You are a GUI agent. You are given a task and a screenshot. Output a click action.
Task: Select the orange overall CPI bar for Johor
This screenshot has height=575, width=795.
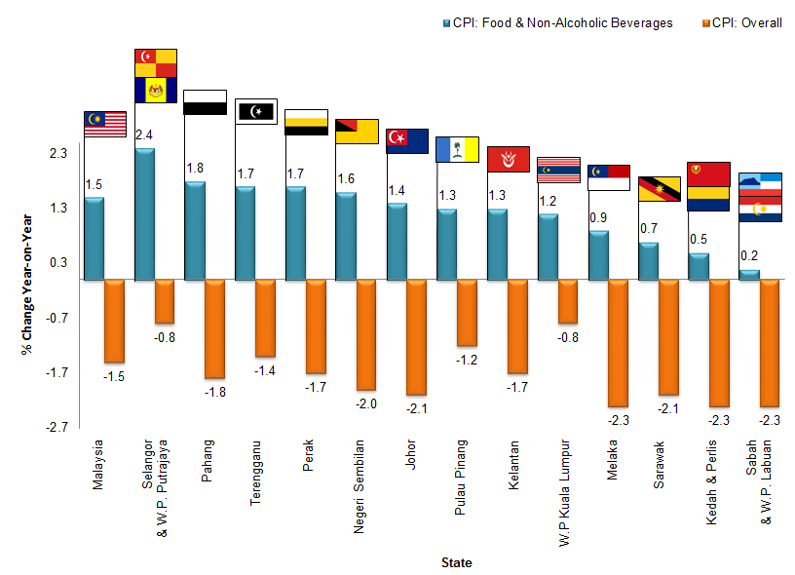tap(416, 336)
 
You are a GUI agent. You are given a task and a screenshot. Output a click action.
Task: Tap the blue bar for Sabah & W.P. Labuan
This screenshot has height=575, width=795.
tap(749, 274)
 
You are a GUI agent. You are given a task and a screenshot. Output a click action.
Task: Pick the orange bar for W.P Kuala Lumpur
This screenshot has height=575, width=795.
tap(568, 301)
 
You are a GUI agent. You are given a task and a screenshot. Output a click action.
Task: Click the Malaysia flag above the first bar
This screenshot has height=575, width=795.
tap(106, 123)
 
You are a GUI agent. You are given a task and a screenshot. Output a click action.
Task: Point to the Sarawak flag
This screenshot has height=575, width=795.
tap(659, 189)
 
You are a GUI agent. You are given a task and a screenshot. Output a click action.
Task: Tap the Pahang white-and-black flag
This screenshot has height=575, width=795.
tap(205, 102)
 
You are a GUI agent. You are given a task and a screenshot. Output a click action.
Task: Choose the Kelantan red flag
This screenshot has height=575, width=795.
tap(508, 159)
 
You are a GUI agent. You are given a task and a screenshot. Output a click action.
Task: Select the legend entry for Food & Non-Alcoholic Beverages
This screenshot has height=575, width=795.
tap(562, 23)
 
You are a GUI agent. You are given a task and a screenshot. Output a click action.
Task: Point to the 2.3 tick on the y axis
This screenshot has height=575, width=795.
tap(57, 154)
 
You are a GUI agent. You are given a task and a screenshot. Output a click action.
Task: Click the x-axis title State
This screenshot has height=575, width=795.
tap(457, 562)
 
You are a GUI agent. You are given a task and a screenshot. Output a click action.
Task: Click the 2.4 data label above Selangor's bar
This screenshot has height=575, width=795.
tap(143, 135)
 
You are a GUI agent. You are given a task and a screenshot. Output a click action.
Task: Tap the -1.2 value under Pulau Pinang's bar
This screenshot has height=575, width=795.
tap(467, 360)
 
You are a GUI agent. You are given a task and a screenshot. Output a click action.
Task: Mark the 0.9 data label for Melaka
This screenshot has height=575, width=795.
tap(599, 217)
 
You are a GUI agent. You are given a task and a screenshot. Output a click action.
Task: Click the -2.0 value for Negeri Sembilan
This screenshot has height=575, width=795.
tap(365, 403)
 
